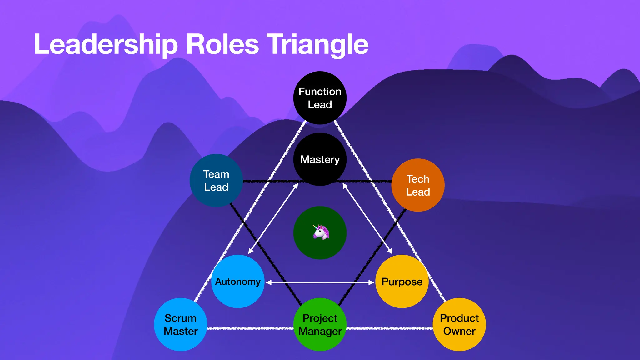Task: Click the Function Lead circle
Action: [x=320, y=98]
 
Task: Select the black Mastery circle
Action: [x=320, y=159]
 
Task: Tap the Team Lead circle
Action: [x=216, y=180]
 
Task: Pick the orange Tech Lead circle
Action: [x=418, y=185]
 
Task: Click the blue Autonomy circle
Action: [x=237, y=281]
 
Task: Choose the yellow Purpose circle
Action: [x=402, y=281]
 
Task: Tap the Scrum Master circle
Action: [x=181, y=324]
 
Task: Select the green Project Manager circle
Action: [x=320, y=324]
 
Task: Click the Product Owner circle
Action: [x=459, y=324]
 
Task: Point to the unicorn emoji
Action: [x=321, y=232]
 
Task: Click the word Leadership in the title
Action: [x=106, y=45]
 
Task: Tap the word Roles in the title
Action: [x=222, y=45]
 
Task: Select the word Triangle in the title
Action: [x=317, y=45]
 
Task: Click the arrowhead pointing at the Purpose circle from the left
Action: [x=371, y=282]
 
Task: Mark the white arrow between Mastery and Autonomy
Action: [x=273, y=219]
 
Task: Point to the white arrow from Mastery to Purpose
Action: [x=367, y=219]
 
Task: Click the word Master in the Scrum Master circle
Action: [x=181, y=331]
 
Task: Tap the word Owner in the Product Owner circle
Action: [x=459, y=331]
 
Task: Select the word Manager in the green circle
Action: [x=320, y=331]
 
